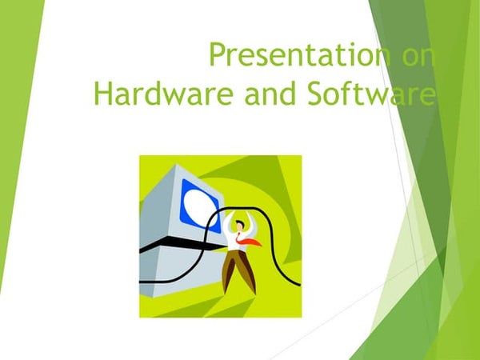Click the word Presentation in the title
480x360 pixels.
tap(291, 56)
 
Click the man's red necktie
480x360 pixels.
tap(250, 240)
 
